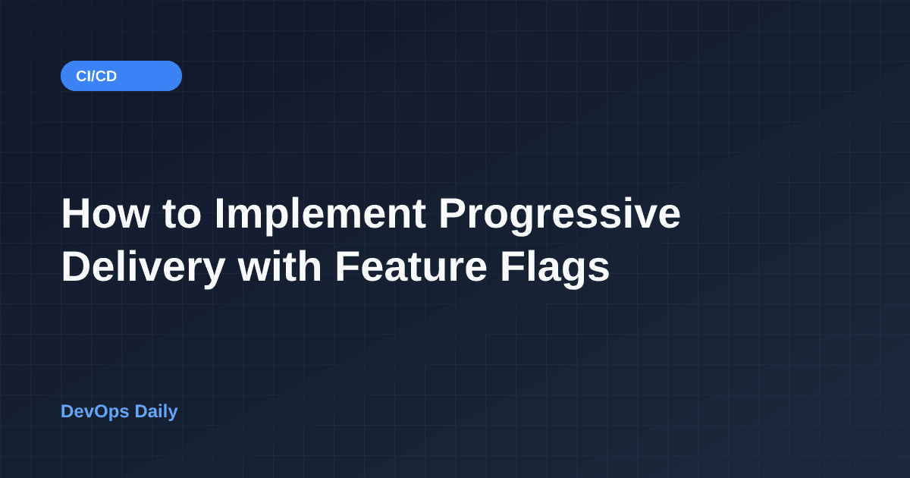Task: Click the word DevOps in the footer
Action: (95, 412)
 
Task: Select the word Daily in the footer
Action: (156, 412)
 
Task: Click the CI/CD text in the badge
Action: (96, 76)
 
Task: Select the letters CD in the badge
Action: (107, 76)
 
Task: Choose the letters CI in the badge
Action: (83, 76)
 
